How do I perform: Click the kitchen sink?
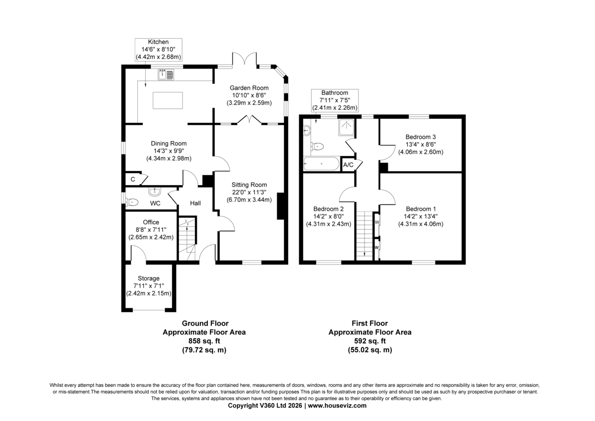tap(166, 74)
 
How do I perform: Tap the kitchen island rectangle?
tap(168, 100)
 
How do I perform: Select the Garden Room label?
tap(249, 88)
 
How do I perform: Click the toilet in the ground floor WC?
tap(132, 203)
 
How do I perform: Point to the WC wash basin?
tap(155, 191)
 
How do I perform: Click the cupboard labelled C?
tap(133, 179)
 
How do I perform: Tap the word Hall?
tap(195, 203)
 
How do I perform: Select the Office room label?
tap(151, 222)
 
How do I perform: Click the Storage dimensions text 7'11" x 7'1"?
tap(148, 285)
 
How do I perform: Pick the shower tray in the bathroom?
tap(346, 128)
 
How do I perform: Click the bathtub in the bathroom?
tap(321, 163)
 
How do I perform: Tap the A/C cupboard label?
tap(348, 165)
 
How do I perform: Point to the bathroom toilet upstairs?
tap(317, 146)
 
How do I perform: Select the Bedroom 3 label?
tap(420, 137)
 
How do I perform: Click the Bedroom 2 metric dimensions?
tap(329, 224)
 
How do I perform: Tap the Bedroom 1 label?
tap(421, 209)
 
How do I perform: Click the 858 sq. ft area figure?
tap(204, 341)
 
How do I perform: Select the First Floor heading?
tap(370, 323)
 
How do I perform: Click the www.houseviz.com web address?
tap(337, 405)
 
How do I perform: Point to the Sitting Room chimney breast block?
tap(281, 206)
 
